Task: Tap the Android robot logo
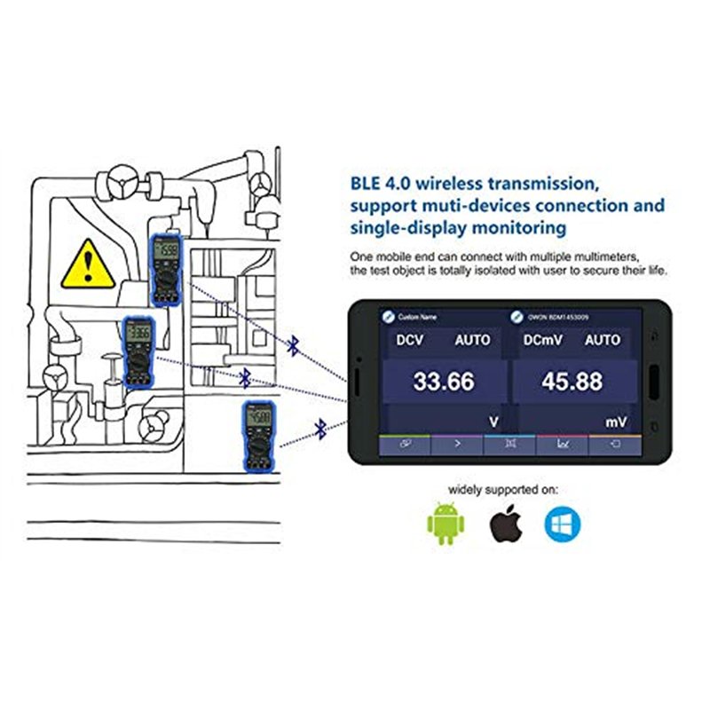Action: [x=445, y=525]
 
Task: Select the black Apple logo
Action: [x=506, y=523]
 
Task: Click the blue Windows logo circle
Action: [x=563, y=524]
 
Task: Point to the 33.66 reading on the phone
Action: [x=444, y=383]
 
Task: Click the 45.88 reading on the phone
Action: [x=572, y=383]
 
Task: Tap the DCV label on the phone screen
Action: [x=411, y=340]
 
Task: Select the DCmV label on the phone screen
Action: [x=543, y=340]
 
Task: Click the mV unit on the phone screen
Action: [x=616, y=423]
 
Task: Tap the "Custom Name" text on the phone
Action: [x=416, y=317]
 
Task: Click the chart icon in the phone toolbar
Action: [x=563, y=445]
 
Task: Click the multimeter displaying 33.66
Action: [x=138, y=351]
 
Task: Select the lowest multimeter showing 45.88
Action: [x=256, y=435]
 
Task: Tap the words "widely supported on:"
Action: [x=504, y=489]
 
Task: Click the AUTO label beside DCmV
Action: [x=602, y=340]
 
